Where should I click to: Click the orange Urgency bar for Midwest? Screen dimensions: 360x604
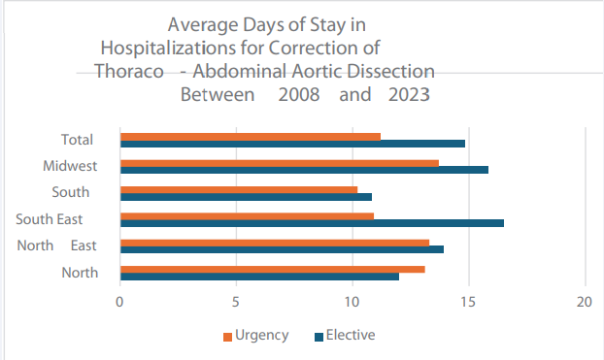tap(279, 162)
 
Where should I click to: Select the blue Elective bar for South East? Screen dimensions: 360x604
tap(311, 222)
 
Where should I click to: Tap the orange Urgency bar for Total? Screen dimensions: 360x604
tap(250, 136)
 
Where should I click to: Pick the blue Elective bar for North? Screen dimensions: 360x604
tap(258, 276)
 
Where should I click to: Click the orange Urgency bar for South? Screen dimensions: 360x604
tap(238, 189)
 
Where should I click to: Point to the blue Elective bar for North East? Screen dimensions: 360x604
tap(281, 249)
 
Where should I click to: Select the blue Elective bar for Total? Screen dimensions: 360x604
tap(291, 144)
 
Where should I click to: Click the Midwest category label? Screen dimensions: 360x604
tap(70, 166)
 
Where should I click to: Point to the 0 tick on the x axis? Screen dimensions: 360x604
tap(119, 302)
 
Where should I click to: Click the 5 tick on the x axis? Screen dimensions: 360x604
tap(236, 302)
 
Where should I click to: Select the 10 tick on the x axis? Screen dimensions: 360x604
tap(352, 302)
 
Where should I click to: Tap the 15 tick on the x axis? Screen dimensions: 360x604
tap(468, 302)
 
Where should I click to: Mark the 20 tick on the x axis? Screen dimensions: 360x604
tap(585, 302)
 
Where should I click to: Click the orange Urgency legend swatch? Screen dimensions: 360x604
tap(228, 337)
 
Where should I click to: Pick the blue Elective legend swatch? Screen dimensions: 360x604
tap(318, 337)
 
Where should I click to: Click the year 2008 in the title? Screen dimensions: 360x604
tap(298, 96)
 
